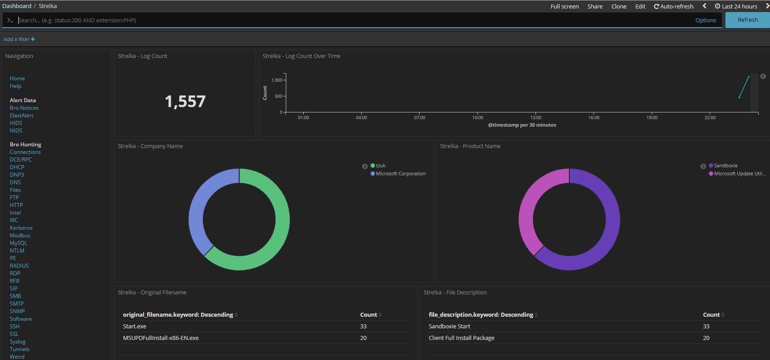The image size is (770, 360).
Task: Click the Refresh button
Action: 748,20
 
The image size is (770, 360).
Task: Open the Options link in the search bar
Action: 706,20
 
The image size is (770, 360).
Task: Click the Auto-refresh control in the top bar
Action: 674,6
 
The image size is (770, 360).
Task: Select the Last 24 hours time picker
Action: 736,6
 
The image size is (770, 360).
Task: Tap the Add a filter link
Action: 19,39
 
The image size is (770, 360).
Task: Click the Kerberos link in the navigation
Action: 21,228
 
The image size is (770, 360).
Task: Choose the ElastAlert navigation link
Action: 21,116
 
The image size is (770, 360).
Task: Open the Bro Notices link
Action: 24,108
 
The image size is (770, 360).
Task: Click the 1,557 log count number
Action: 185,102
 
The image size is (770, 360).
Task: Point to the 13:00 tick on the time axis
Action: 535,118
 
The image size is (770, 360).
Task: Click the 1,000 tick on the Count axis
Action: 277,80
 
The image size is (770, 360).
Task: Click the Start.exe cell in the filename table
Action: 135,327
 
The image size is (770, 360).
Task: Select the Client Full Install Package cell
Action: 461,338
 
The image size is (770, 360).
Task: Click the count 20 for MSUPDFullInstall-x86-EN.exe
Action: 363,338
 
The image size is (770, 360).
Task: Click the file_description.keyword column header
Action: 481,315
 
